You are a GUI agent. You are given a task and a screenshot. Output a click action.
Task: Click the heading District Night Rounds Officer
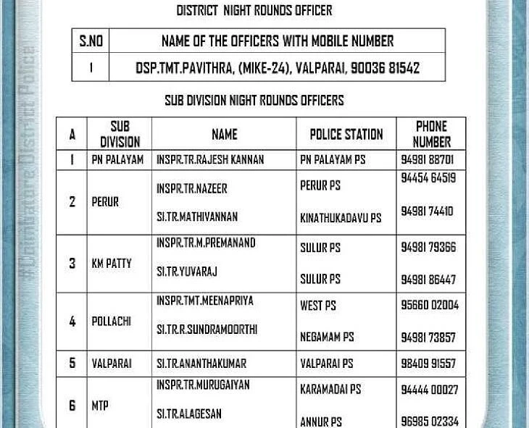pos(254,10)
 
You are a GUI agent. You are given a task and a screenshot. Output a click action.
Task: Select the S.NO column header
pos(91,41)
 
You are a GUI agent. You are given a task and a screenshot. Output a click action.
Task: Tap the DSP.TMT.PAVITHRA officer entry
pos(277,68)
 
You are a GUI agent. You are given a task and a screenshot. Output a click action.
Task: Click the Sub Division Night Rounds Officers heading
pos(254,100)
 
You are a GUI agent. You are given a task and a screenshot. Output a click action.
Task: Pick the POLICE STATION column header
pos(346,134)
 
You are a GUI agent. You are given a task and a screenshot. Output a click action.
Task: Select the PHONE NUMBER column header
pos(431,134)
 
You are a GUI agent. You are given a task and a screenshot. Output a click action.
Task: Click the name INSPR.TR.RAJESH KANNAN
pos(209,159)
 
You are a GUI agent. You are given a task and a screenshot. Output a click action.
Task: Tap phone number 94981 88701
pos(427,159)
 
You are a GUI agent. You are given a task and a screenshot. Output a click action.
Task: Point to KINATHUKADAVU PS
pos(340,218)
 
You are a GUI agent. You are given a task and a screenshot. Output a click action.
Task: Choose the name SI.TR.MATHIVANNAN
pos(196,217)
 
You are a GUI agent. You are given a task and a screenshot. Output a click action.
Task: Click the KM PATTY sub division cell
pos(112,264)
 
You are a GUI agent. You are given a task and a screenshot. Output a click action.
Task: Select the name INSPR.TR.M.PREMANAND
pos(206,243)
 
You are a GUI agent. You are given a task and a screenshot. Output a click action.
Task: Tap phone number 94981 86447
pos(428,279)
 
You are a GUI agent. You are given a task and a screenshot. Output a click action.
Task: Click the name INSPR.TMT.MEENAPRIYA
pos(204,301)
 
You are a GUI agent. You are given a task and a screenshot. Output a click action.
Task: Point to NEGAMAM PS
pos(327,337)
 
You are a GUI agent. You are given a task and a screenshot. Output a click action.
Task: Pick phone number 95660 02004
pos(429,305)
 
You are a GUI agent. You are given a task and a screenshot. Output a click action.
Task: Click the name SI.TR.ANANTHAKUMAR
pos(201,364)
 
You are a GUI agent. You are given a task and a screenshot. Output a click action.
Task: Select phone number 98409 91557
pos(428,364)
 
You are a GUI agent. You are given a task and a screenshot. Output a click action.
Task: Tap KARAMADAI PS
pos(330,390)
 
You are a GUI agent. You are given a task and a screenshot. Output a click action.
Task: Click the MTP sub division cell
pos(100,406)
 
